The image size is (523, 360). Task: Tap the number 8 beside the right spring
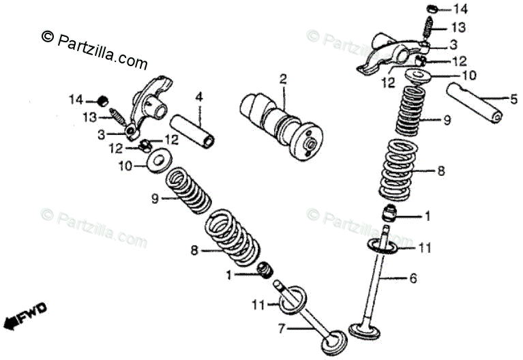tap(440, 171)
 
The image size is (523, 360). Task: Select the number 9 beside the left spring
tap(155, 198)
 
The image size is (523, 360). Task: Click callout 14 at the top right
tap(462, 10)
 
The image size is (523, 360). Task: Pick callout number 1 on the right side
tap(428, 217)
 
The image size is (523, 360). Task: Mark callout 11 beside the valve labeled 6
tap(425, 249)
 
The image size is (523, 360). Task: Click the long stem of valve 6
tap(380, 286)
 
